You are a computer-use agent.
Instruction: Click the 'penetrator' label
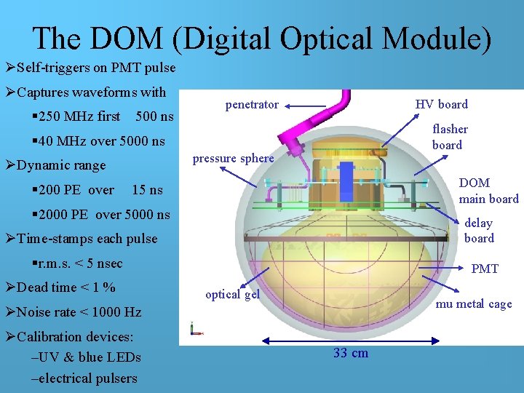tap(252, 105)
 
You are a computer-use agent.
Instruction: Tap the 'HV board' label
tap(441, 105)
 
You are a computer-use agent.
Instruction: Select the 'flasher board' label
tap(450, 137)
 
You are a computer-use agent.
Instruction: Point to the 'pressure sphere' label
tap(233, 159)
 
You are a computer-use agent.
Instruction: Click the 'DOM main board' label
tap(488, 191)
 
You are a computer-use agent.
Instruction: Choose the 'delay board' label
tap(479, 231)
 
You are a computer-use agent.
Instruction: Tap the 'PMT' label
tap(485, 269)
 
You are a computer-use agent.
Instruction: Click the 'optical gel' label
tap(232, 295)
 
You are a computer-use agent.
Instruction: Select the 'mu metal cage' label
tap(474, 304)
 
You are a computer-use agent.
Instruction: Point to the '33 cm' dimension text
tap(351, 354)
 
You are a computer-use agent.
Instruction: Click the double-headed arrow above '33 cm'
tap(350, 339)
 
